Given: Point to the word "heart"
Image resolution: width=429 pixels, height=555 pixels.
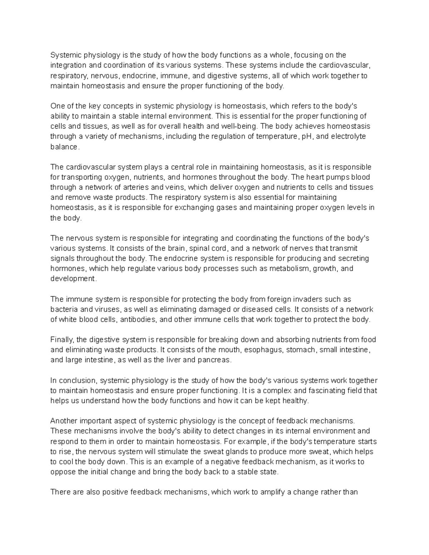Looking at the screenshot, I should coord(315,177).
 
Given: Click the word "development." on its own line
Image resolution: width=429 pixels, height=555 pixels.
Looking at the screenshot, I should coord(73,278).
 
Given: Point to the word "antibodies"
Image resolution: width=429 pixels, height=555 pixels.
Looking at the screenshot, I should coord(138,319).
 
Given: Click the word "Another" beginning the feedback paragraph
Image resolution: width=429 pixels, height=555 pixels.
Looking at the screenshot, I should coord(63,421).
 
